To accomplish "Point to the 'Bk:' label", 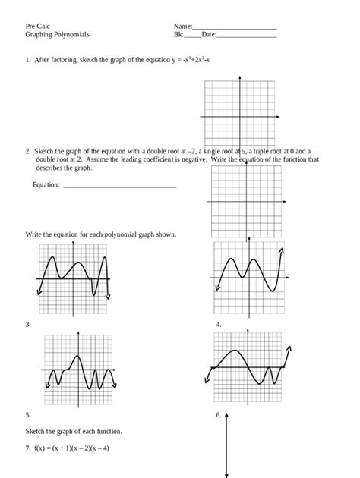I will pyautogui.click(x=178, y=35).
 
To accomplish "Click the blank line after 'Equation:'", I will pyautogui.click(x=118, y=186).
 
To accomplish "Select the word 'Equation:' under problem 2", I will pyautogui.click(x=46, y=184).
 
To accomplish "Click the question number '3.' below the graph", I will pyautogui.click(x=27, y=325).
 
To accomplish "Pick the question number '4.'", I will pyautogui.click(x=218, y=325).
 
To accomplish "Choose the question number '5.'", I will pyautogui.click(x=27, y=415).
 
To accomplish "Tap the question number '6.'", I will pyautogui.click(x=218, y=415).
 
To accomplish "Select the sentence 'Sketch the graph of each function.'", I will pyautogui.click(x=74, y=431).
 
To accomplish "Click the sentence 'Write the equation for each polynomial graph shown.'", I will pyautogui.click(x=101, y=234).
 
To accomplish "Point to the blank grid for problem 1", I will pyautogui.click(x=240, y=117).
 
